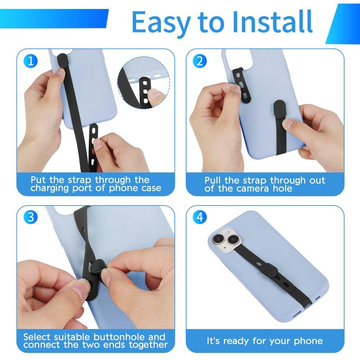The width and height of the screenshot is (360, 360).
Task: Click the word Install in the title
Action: coord(272,22)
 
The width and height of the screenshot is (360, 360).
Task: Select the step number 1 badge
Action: coord(31,61)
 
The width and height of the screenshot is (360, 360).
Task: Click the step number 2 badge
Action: coord(200,61)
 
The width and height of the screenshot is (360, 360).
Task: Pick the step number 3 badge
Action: coord(31,217)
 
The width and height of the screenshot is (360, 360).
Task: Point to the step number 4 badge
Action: coord(200,217)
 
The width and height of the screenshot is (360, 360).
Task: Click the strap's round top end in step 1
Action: coord(62,57)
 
